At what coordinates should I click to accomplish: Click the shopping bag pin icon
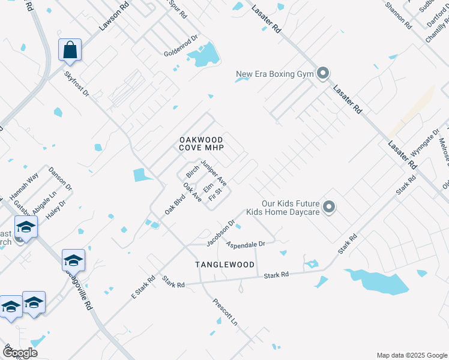click(70, 50)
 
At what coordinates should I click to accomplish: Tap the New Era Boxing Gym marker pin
click(323, 74)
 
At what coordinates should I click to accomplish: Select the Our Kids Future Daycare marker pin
click(328, 208)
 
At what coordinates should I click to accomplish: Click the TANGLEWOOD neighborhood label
click(225, 265)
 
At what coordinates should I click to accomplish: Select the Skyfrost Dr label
click(76, 85)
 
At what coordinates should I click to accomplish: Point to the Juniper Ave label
click(214, 172)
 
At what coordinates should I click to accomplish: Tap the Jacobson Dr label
click(219, 233)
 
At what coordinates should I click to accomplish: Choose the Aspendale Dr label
click(246, 245)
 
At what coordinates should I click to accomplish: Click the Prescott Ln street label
click(226, 311)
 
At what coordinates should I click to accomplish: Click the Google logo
click(19, 352)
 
